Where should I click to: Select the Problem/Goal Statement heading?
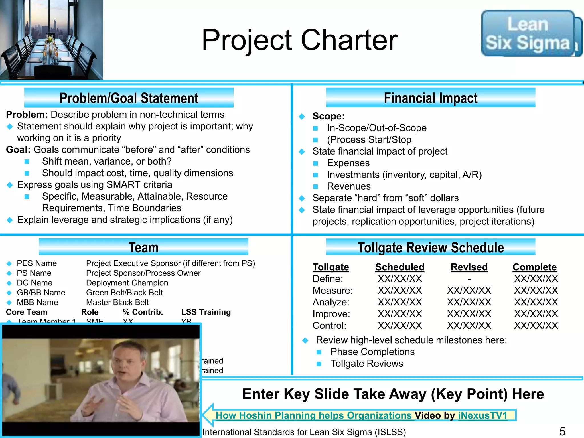click(x=129, y=98)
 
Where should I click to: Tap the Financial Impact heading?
click(x=431, y=98)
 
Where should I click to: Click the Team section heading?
click(x=143, y=247)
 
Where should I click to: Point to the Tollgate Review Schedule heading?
click(x=431, y=247)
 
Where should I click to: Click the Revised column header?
click(x=469, y=267)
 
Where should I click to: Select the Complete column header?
click(x=535, y=267)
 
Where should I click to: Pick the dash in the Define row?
click(x=469, y=279)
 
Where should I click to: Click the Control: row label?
click(x=329, y=326)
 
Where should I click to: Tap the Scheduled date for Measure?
click(x=400, y=291)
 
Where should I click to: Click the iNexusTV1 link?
click(x=482, y=415)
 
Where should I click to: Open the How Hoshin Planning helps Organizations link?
click(x=314, y=415)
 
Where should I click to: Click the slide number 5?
click(x=562, y=431)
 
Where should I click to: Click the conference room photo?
click(x=51, y=40)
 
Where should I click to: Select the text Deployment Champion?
click(x=127, y=283)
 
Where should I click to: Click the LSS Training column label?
click(x=206, y=312)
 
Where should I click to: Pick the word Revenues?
click(x=349, y=186)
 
